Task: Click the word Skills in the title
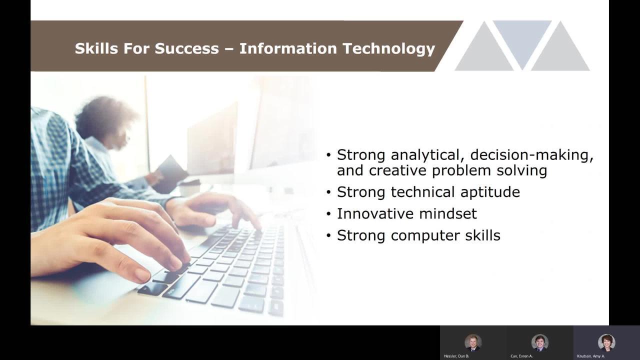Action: tap(96, 48)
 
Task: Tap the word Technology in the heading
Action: tap(389, 49)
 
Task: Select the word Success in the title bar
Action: tap(187, 48)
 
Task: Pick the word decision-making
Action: tap(531, 155)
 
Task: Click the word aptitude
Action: tap(490, 192)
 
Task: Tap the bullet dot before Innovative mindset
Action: tap(328, 214)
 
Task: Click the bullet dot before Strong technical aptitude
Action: tap(328, 192)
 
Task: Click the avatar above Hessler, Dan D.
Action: tap(473, 342)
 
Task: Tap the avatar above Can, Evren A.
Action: tap(539, 342)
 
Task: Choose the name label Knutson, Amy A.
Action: tap(591, 356)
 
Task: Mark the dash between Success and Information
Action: tap(229, 49)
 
